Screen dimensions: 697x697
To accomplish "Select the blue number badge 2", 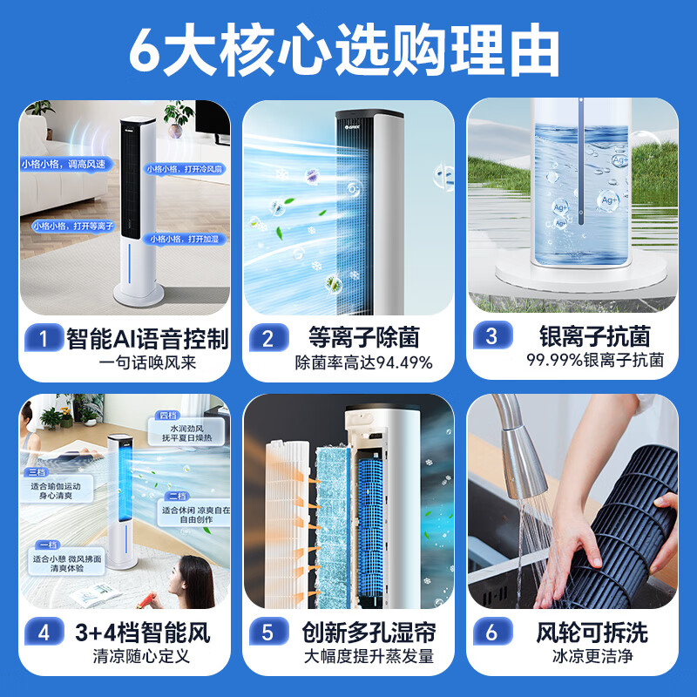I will [x=267, y=338].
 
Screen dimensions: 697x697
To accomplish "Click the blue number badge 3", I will [x=491, y=338].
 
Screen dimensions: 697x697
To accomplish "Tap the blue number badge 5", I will [x=267, y=632].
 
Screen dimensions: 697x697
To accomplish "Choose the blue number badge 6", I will [x=491, y=632].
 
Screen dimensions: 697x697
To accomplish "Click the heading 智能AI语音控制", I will [x=147, y=338].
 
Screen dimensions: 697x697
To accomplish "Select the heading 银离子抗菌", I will [x=595, y=336].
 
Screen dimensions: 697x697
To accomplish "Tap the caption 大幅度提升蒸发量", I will [x=369, y=656].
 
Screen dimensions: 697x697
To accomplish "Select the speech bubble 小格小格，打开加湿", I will [x=184, y=239].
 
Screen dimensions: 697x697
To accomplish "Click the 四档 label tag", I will [x=167, y=416].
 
